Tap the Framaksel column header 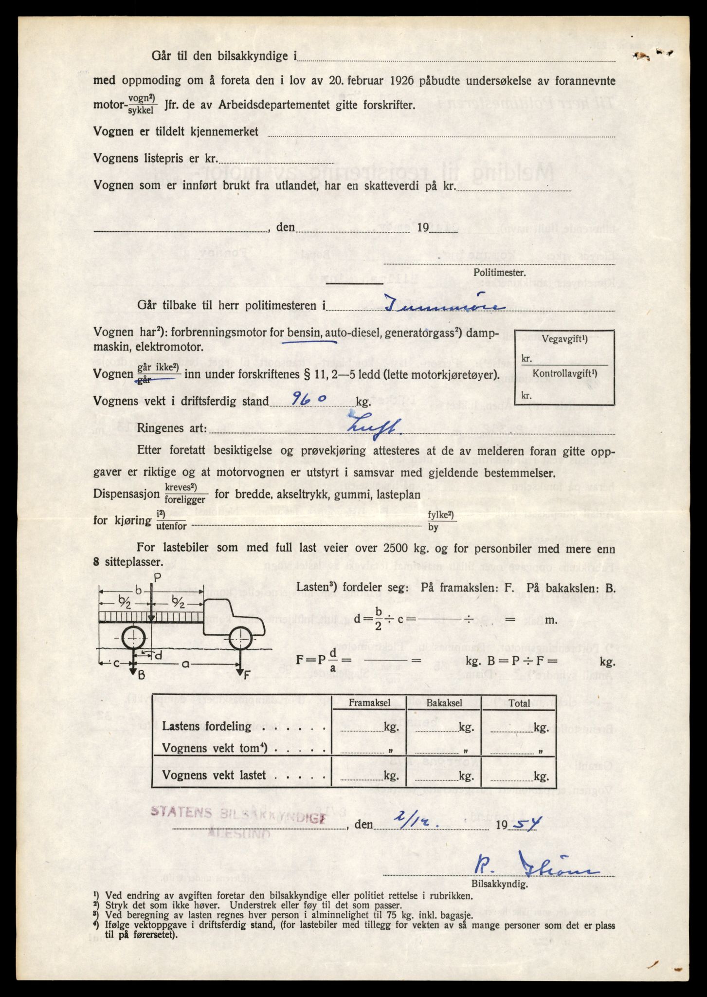tap(368, 703)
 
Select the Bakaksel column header tap(443, 703)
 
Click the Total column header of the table tap(519, 703)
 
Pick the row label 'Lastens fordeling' tap(207, 726)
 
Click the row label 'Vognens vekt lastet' tap(214, 775)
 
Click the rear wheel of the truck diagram tap(132, 638)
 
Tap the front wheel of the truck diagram tap(240, 638)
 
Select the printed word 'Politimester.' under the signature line tap(499, 273)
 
